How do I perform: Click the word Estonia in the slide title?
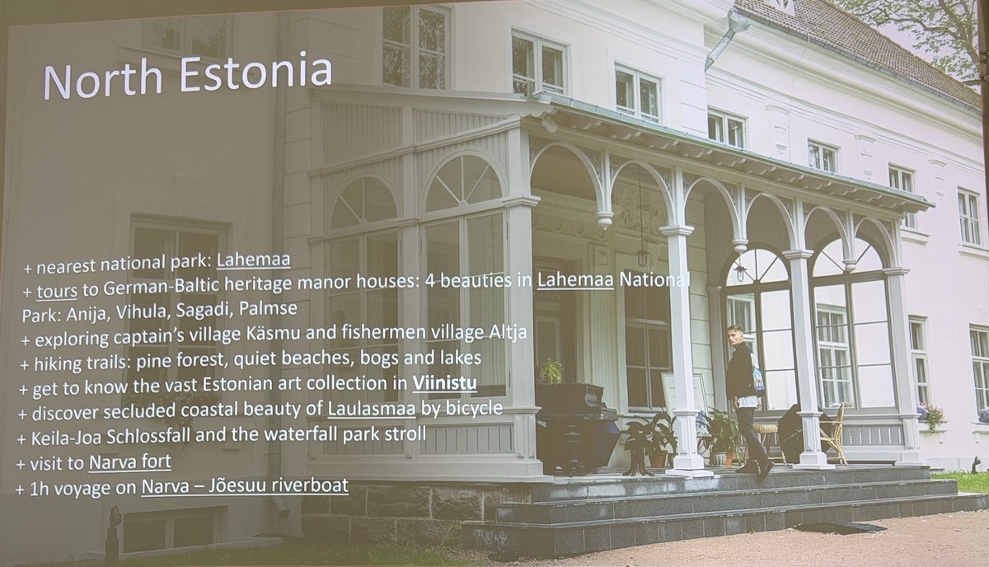256,73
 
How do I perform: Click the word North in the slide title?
103,81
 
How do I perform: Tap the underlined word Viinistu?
444,383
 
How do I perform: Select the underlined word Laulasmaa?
372,409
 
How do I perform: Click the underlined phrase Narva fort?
130,462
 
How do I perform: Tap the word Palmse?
268,309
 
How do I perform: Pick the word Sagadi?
204,311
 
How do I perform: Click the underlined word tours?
57,292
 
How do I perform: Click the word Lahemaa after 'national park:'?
254,260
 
